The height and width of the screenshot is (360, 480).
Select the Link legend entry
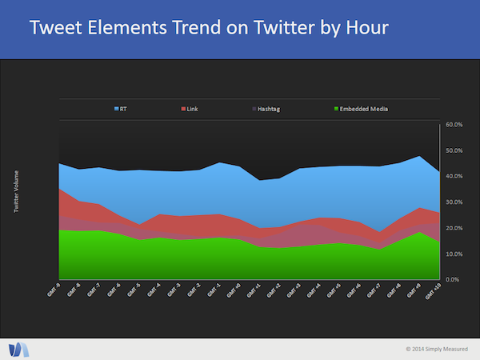click(x=190, y=108)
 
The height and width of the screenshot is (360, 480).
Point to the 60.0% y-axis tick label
click(x=454, y=125)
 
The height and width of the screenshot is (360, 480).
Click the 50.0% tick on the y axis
click(x=454, y=150)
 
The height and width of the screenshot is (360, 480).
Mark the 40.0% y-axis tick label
click(x=454, y=176)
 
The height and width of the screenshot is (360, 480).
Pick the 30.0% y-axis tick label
click(x=454, y=202)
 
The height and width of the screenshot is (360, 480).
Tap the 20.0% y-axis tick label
click(x=454, y=228)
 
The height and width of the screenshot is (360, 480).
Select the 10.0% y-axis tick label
click(x=454, y=254)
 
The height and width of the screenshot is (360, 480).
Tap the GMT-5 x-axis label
click(x=133, y=290)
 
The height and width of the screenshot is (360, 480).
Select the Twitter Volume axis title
click(x=17, y=191)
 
